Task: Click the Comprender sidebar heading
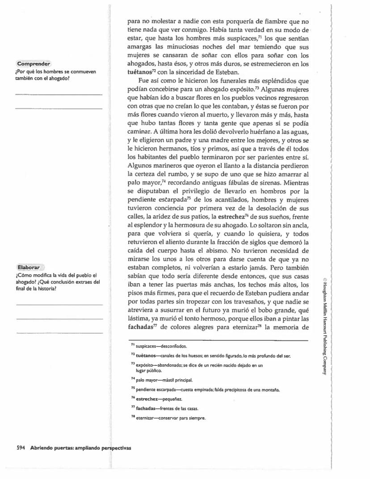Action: [33, 64]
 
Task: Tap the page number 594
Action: [21, 447]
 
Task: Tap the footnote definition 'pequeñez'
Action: [169, 399]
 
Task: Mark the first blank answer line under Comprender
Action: [59, 94]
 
